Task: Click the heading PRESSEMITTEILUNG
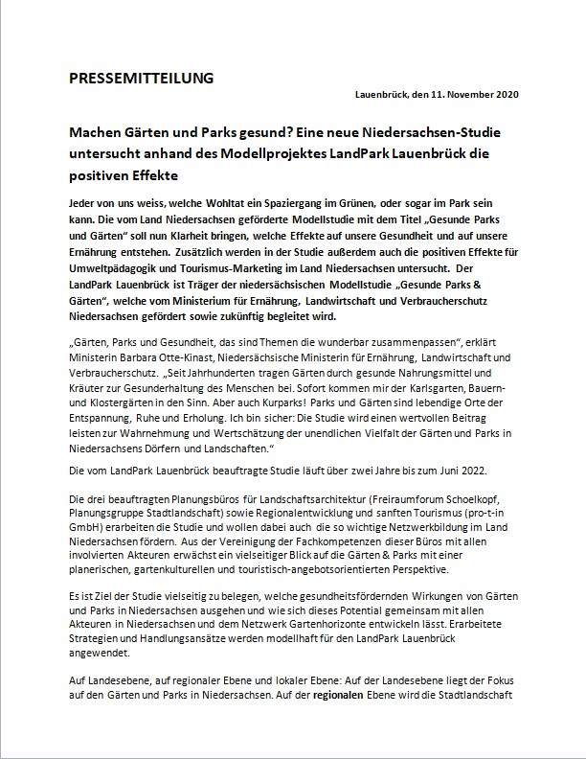pyautogui.click(x=142, y=78)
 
